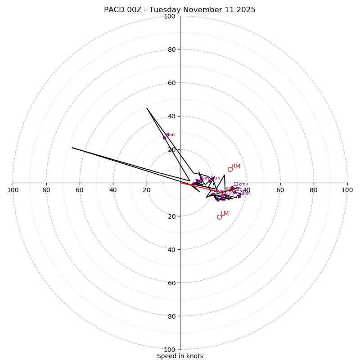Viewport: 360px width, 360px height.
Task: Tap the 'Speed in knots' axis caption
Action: (x=180, y=356)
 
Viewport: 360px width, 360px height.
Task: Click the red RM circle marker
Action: (x=230, y=169)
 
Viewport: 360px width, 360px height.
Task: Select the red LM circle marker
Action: (x=219, y=217)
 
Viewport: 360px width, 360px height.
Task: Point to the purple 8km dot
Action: (x=164, y=138)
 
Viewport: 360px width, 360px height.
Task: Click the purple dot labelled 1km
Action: (x=239, y=196)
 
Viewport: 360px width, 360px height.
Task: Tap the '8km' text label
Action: (x=170, y=135)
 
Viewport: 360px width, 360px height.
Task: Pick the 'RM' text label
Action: (x=236, y=166)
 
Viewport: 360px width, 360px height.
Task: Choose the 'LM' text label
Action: (x=225, y=213)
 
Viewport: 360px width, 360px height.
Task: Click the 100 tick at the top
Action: (x=169, y=16)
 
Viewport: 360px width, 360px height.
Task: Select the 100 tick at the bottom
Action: (x=169, y=350)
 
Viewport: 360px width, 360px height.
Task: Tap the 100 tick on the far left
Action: (x=13, y=190)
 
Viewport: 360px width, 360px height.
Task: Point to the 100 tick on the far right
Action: (x=347, y=190)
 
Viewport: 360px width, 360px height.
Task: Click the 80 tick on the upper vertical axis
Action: (x=171, y=49)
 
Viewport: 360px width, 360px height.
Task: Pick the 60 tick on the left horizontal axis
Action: (x=80, y=190)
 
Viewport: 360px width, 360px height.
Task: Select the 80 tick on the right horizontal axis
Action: (x=314, y=190)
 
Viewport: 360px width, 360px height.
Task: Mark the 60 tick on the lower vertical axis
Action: (x=171, y=283)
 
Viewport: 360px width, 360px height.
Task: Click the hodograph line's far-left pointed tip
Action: (x=72, y=148)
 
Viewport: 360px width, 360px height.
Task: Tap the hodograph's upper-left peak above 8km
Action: (x=147, y=108)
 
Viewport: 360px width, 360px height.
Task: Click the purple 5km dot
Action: (x=210, y=181)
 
